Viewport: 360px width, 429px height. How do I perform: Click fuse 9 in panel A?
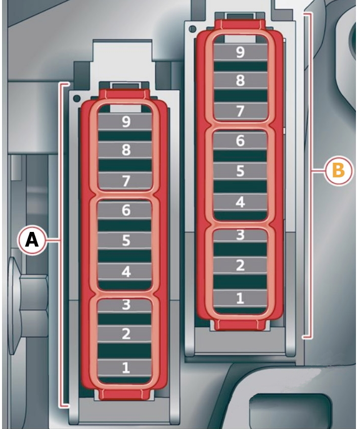(x=125, y=121)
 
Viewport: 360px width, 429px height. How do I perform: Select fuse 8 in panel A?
(x=125, y=150)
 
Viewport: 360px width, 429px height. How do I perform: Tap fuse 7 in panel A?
(x=125, y=180)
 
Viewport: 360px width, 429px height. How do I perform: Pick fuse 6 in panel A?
(x=125, y=210)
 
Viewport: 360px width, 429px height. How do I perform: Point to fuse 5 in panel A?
(x=125, y=241)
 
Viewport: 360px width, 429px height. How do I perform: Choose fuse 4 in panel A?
(x=125, y=271)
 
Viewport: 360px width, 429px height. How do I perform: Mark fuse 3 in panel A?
(x=125, y=305)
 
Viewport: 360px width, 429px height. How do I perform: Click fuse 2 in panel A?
(x=125, y=334)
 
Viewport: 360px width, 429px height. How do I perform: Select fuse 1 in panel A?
(x=125, y=367)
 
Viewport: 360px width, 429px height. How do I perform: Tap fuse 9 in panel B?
(x=240, y=52)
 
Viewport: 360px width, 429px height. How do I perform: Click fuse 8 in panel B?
(x=240, y=81)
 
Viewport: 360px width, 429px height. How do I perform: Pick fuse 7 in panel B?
(x=240, y=111)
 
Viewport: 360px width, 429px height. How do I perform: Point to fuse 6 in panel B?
(x=240, y=140)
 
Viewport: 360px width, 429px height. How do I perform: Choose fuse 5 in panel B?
(x=240, y=171)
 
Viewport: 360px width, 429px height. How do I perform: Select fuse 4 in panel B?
(x=240, y=202)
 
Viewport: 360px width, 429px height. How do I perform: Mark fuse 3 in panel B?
(x=240, y=235)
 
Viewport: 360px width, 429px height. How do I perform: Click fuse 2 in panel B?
(x=240, y=265)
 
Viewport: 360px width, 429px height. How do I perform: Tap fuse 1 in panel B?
(x=240, y=298)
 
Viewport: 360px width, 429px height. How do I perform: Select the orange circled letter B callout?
(x=337, y=171)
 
